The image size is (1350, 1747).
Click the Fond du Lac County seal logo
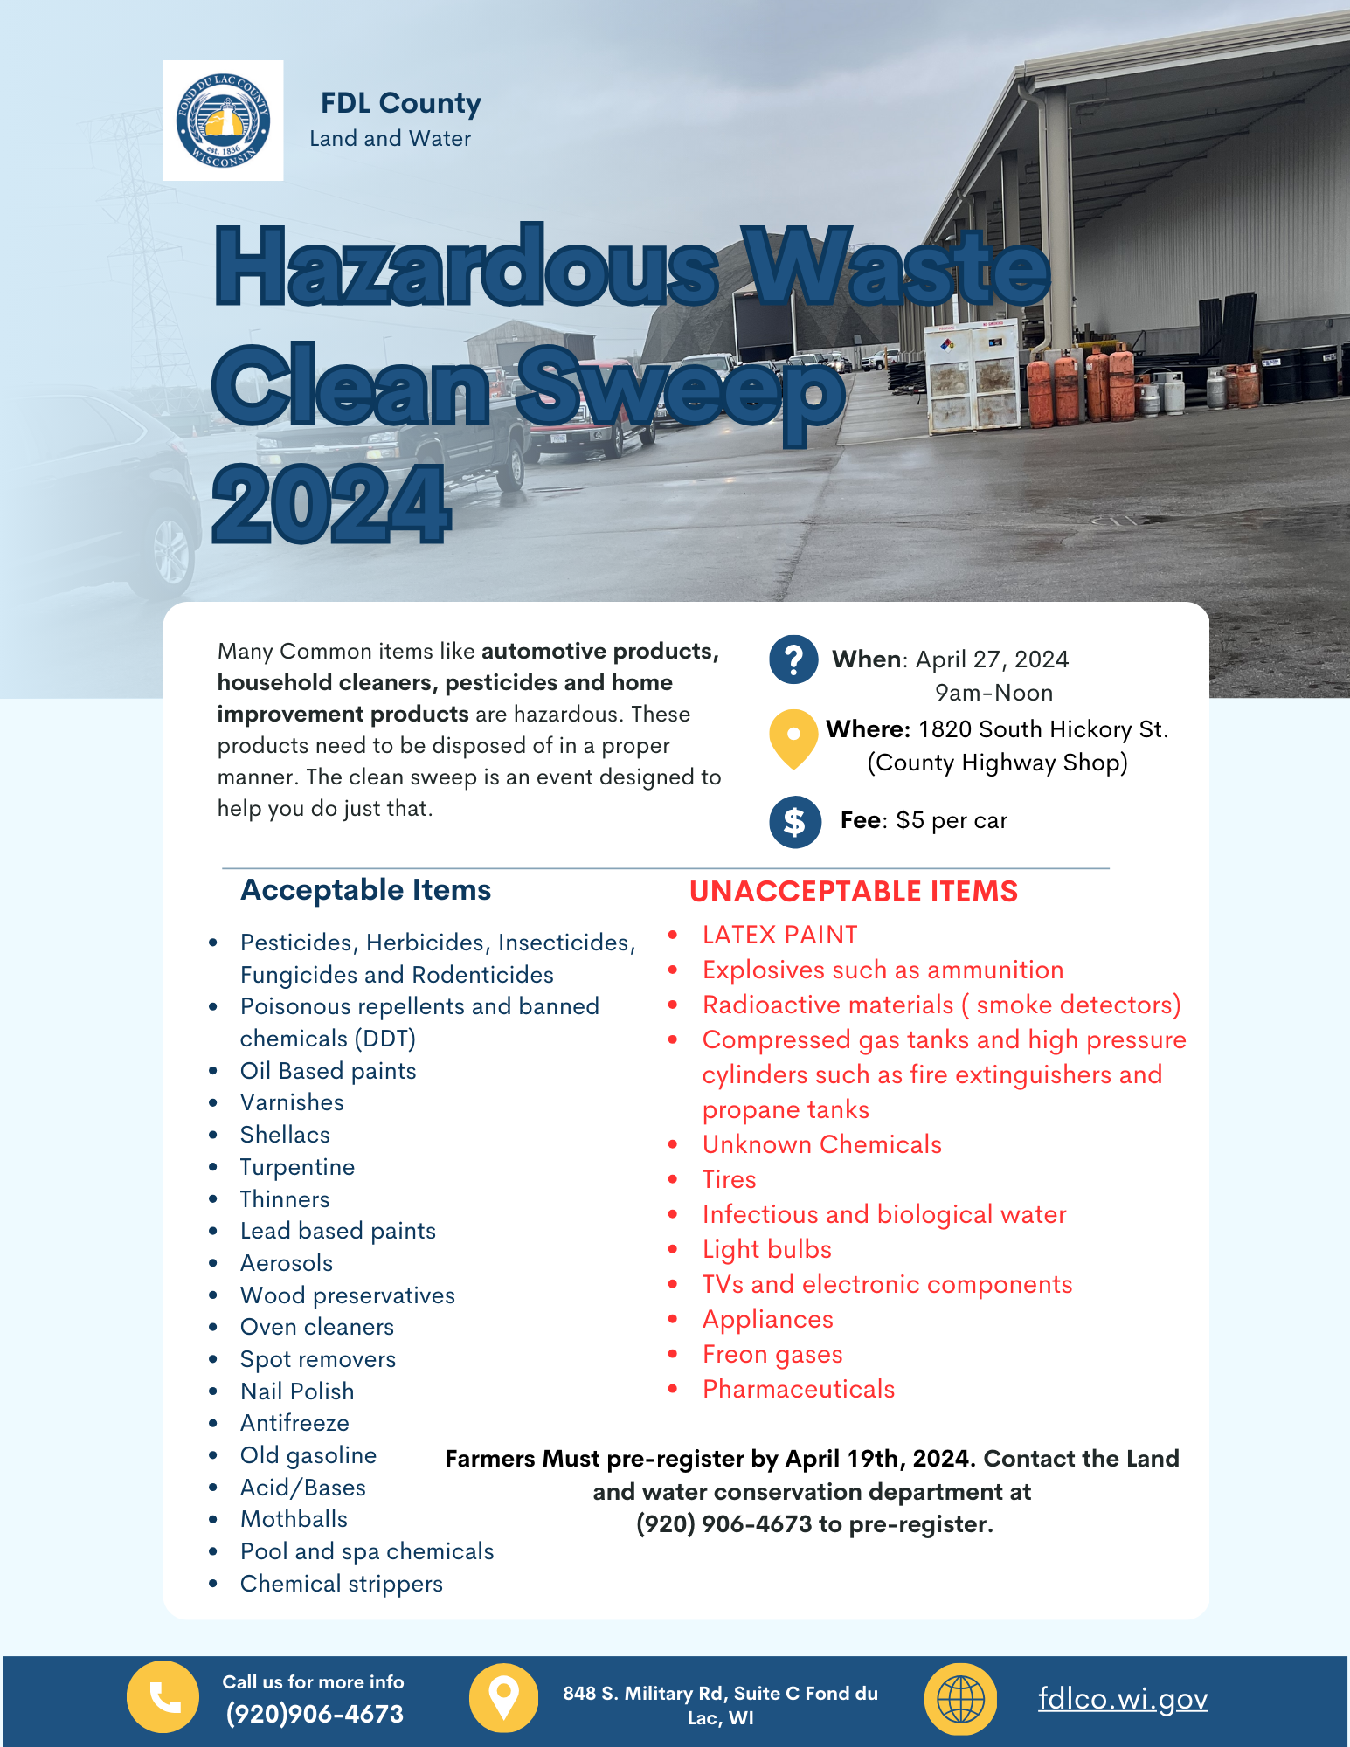(x=223, y=121)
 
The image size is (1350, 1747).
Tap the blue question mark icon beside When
(x=793, y=659)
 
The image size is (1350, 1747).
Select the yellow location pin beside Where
(x=793, y=736)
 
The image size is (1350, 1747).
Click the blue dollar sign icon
(x=794, y=822)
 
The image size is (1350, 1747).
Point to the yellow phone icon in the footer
(x=163, y=1697)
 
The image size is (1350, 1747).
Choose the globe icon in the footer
(x=960, y=1699)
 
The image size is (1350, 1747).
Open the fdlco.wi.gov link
(x=1122, y=1699)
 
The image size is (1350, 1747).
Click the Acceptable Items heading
(x=365, y=890)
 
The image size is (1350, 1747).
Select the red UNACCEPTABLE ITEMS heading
(x=853, y=892)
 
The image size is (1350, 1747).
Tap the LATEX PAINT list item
(x=779, y=936)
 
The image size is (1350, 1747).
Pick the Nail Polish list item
(x=297, y=1391)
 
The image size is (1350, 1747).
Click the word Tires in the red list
(x=729, y=1180)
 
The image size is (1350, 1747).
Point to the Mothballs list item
(x=294, y=1519)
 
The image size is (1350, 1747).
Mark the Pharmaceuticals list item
(x=798, y=1390)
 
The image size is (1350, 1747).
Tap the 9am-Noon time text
(x=993, y=693)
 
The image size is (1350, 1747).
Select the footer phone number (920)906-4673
(x=315, y=1714)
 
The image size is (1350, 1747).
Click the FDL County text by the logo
(x=400, y=104)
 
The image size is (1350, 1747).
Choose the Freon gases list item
(x=772, y=1355)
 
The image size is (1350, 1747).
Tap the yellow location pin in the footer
(x=503, y=1697)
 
